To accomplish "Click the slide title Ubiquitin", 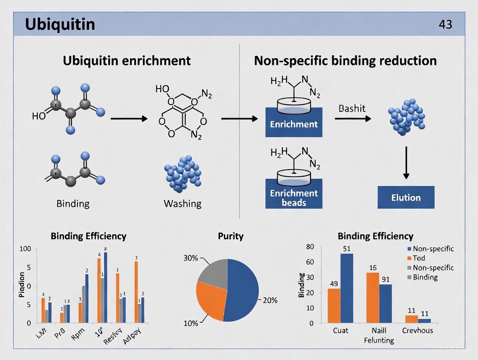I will (x=60, y=24).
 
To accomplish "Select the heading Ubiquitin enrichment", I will (x=126, y=60).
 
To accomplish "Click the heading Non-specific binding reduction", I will (x=345, y=60).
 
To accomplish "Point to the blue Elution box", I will (x=406, y=198).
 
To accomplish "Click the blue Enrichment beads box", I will (x=294, y=193).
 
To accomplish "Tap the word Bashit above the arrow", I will (x=352, y=108).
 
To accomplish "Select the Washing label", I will (x=182, y=203).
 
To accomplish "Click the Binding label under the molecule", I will (x=73, y=203).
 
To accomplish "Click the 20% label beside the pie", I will (x=270, y=300).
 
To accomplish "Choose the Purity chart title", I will (x=231, y=236).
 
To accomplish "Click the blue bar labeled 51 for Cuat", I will (x=347, y=288).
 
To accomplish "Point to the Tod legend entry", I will (x=419, y=258).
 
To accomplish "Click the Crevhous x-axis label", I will (x=418, y=330).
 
